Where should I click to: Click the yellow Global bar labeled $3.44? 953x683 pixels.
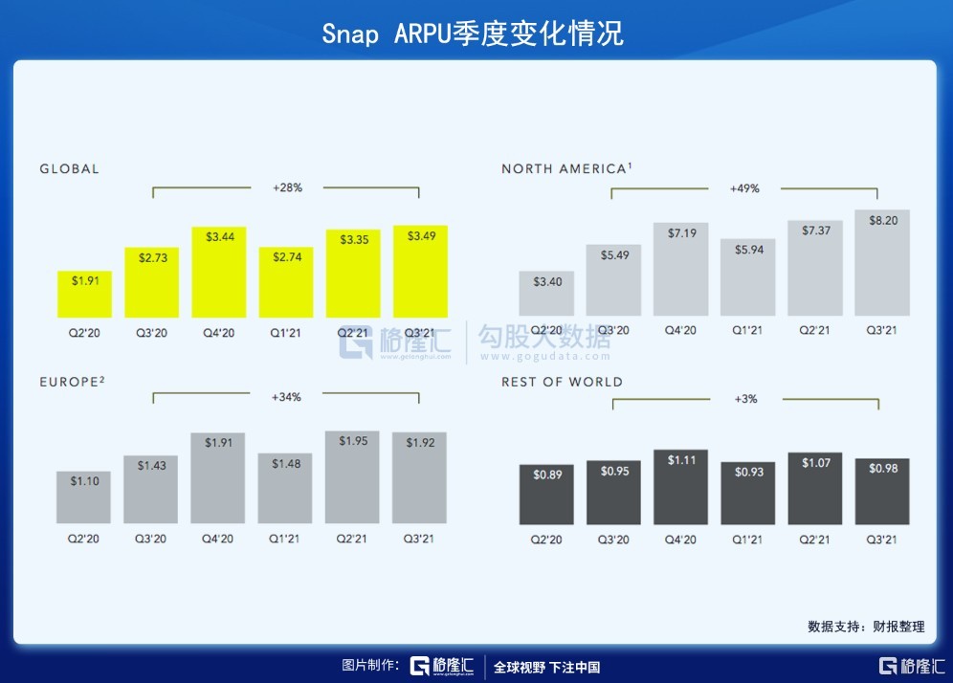(219, 273)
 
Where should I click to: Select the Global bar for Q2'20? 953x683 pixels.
(84, 295)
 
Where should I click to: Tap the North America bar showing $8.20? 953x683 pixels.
(881, 263)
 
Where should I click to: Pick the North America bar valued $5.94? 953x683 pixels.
(747, 277)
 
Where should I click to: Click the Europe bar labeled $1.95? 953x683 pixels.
(352, 477)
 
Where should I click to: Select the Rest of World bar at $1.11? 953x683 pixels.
(680, 487)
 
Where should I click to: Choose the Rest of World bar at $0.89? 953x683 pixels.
(546, 495)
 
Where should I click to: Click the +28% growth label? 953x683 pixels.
(287, 187)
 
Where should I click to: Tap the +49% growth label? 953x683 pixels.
(744, 188)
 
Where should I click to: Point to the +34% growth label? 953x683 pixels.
(286, 396)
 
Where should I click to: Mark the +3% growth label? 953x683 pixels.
(745, 399)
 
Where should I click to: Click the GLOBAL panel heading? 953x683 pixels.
(69, 169)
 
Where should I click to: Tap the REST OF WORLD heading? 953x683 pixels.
(562, 382)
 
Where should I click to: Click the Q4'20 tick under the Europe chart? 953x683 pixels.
(218, 540)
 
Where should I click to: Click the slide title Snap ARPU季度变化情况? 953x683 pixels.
(473, 33)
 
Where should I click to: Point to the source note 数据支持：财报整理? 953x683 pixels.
(866, 627)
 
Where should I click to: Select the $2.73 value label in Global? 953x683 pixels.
(151, 259)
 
